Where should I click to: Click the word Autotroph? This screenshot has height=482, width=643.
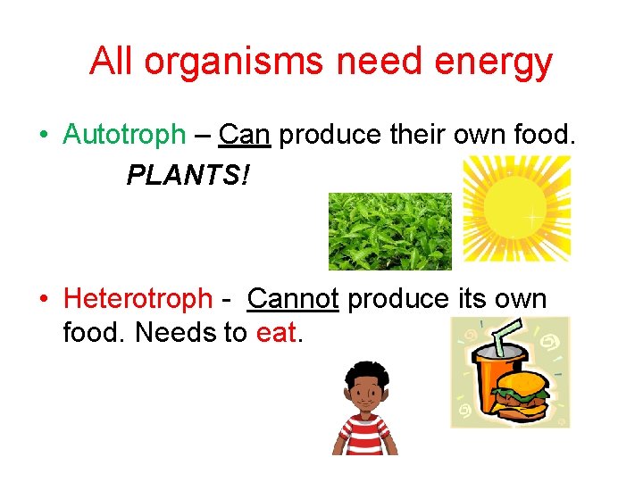click(124, 135)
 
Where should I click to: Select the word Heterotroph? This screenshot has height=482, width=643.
click(138, 298)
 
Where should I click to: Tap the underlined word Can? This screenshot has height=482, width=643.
click(244, 135)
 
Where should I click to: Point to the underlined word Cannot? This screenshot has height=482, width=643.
click(293, 298)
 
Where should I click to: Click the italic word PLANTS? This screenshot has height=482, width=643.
click(188, 175)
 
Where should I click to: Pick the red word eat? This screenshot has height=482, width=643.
click(279, 333)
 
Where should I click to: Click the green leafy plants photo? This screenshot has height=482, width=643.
click(389, 230)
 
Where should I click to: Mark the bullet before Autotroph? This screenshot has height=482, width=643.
click(43, 136)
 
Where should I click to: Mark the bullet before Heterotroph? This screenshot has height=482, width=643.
click(43, 299)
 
